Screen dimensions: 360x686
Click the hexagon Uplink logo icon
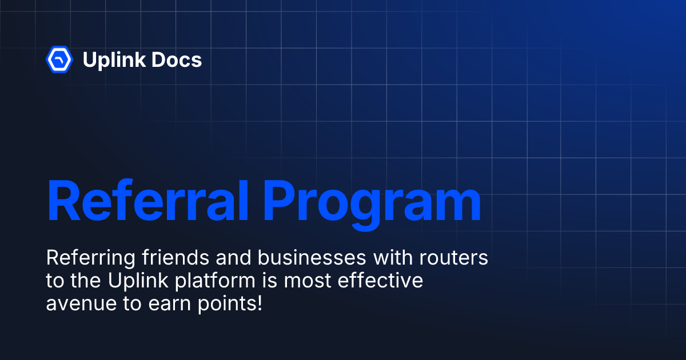coord(59,59)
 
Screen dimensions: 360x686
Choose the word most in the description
coord(309,281)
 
